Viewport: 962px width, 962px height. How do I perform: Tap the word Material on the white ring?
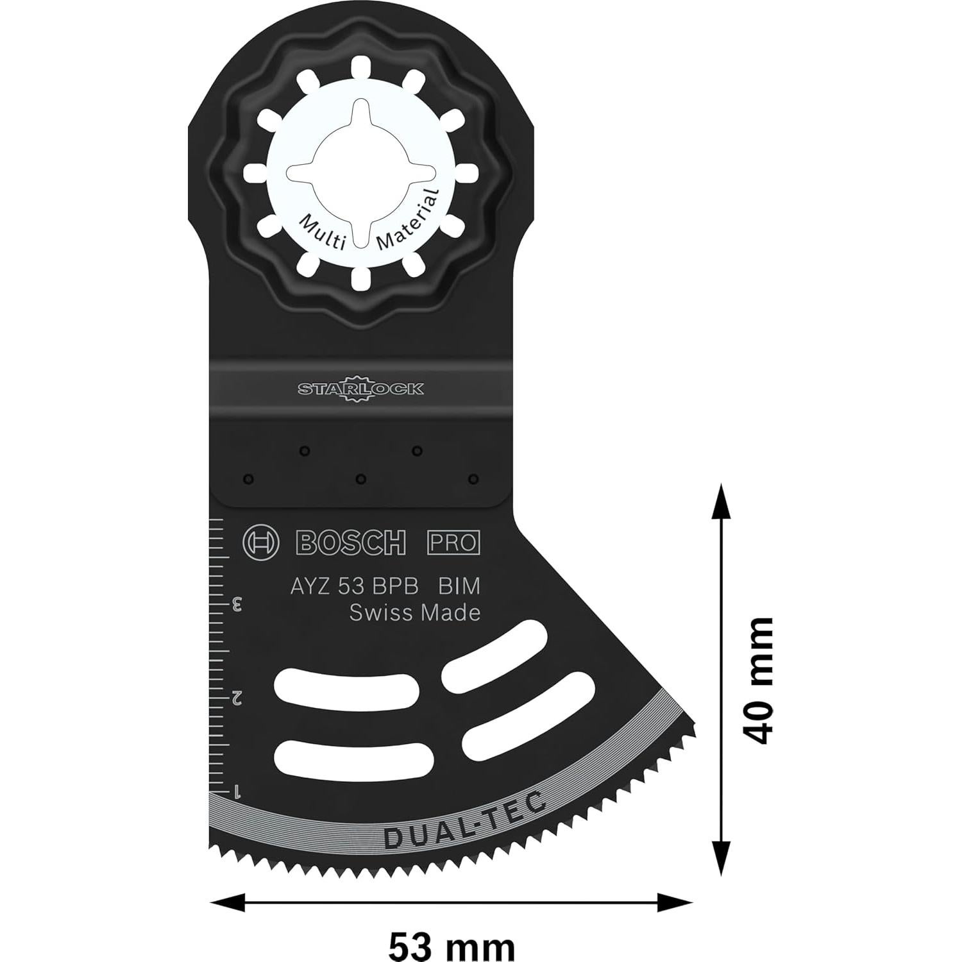408,219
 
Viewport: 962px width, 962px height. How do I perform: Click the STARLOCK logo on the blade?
360,389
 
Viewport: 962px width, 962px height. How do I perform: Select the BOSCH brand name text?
351,543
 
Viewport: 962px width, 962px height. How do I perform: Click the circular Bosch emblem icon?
261,543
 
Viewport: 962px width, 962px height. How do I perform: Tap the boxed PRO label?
453,543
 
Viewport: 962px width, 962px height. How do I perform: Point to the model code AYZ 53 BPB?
354,586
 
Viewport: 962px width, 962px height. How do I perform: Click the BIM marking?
459,586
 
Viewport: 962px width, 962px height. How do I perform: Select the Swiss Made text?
414,613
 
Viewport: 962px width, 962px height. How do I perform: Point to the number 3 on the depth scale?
237,603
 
